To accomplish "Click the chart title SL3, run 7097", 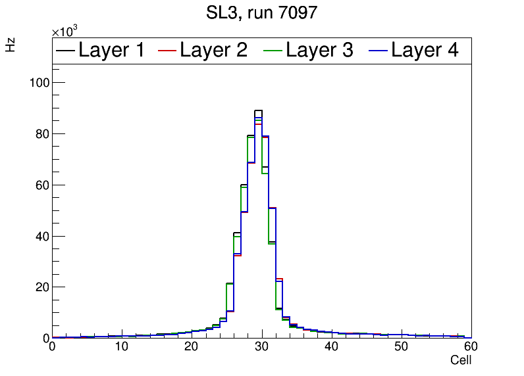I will click(x=262, y=12).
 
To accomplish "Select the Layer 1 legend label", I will click(x=111, y=50).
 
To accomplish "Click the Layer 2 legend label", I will click(x=213, y=50).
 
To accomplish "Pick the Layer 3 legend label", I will click(x=319, y=50).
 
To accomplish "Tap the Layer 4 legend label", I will click(x=425, y=50).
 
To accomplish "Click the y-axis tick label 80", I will click(x=39, y=133).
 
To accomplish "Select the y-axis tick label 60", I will click(x=39, y=185).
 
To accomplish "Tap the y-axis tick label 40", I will click(x=39, y=236).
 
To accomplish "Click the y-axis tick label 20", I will click(x=39, y=287).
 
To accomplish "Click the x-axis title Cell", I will click(x=461, y=360).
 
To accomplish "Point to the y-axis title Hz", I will click(x=11, y=45).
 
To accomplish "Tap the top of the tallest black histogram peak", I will click(x=258, y=110).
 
